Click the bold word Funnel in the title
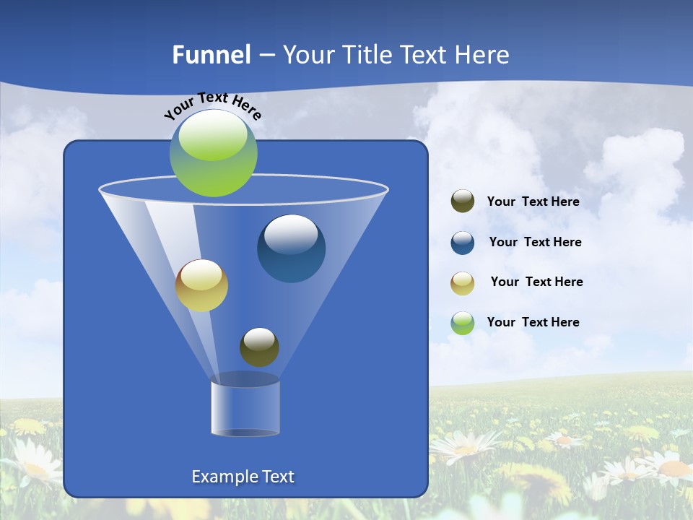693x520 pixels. pos(212,55)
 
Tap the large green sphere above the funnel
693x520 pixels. pos(214,153)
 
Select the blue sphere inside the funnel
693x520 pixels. pos(292,248)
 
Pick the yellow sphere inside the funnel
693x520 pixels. pos(201,285)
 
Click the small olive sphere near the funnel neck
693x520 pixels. pos(259,347)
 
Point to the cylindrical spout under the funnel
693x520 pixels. pos(245,407)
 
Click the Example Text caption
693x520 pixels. pos(243,477)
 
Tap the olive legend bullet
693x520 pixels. pos(463,201)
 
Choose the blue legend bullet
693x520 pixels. pos(463,242)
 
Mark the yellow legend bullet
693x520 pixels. pos(463,282)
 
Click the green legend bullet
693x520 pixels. pos(463,323)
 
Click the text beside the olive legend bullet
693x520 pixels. pos(533,201)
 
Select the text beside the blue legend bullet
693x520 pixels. pos(535,242)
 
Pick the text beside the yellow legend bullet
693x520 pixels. pos(536,282)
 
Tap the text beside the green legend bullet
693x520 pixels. pos(533,322)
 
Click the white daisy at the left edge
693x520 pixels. pos(29,462)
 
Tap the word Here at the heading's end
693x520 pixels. pos(483,55)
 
